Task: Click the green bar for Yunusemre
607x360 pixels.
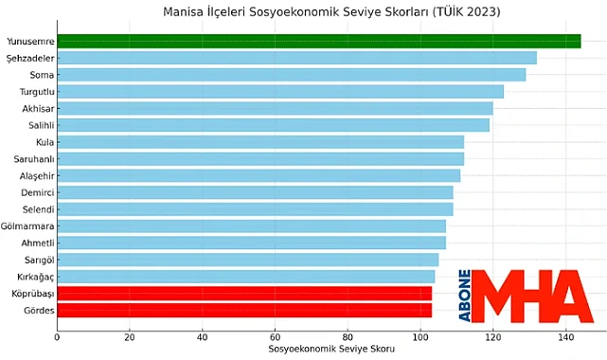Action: coord(318,41)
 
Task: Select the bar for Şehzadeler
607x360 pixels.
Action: coord(296,58)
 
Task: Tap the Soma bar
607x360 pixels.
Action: coord(291,74)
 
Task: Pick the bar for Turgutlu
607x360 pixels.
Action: coord(280,91)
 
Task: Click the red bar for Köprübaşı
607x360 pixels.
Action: coord(244,293)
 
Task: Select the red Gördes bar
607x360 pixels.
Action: coord(244,310)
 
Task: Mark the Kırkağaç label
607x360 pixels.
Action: coord(31,276)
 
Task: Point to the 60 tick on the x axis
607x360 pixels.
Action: coord(275,336)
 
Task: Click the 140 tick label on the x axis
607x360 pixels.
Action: coord(565,336)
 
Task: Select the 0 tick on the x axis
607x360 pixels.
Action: coord(57,336)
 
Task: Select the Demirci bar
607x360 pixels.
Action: coord(255,192)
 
